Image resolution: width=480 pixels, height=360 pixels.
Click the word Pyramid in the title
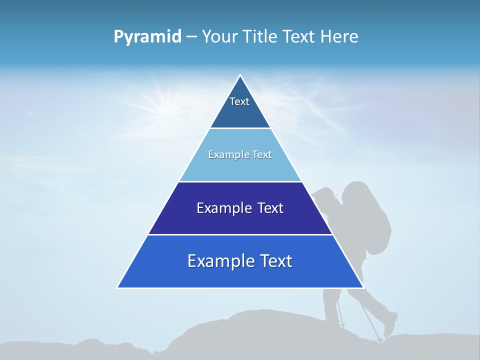(147, 37)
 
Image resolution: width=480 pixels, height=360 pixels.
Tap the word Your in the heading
(220, 37)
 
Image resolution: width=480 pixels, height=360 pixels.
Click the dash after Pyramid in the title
(191, 37)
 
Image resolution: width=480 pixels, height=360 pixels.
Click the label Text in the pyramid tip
(239, 101)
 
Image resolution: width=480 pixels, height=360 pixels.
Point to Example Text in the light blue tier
(240, 154)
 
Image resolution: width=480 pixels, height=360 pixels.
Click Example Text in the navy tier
(240, 208)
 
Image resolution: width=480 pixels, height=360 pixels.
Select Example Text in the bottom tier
(240, 261)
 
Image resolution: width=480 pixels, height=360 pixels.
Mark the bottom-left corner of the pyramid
(117, 287)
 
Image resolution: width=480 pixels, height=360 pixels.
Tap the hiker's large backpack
(367, 215)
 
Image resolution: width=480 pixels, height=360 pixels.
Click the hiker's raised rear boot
(390, 324)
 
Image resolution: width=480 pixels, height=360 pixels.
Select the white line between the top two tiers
(240, 128)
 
